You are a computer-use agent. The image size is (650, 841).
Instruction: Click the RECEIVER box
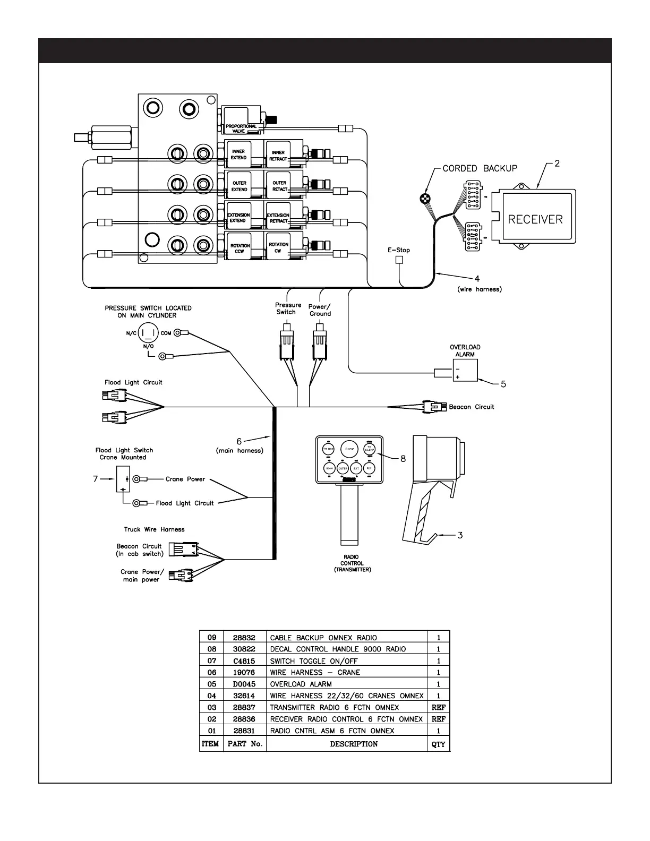click(535, 218)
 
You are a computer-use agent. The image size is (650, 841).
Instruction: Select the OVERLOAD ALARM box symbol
click(465, 370)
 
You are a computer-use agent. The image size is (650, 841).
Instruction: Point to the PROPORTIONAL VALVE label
click(241, 128)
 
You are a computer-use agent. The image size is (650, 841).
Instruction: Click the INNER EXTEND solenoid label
click(238, 155)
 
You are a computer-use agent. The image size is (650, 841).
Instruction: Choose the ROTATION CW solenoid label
click(278, 248)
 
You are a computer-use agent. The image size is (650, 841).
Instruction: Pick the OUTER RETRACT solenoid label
click(279, 186)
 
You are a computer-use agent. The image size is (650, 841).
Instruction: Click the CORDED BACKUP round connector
click(425, 199)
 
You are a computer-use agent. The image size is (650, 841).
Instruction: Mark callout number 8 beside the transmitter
click(403, 459)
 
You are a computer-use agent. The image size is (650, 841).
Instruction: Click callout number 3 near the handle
click(460, 535)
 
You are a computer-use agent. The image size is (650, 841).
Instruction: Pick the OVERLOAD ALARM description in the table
click(301, 684)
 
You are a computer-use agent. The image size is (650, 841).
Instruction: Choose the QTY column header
click(438, 744)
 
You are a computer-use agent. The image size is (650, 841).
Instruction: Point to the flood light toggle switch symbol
click(123, 479)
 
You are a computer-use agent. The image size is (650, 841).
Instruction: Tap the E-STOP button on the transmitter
click(349, 449)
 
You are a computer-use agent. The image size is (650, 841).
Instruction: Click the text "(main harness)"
click(239, 451)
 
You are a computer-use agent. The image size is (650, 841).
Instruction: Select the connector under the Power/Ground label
click(319, 345)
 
